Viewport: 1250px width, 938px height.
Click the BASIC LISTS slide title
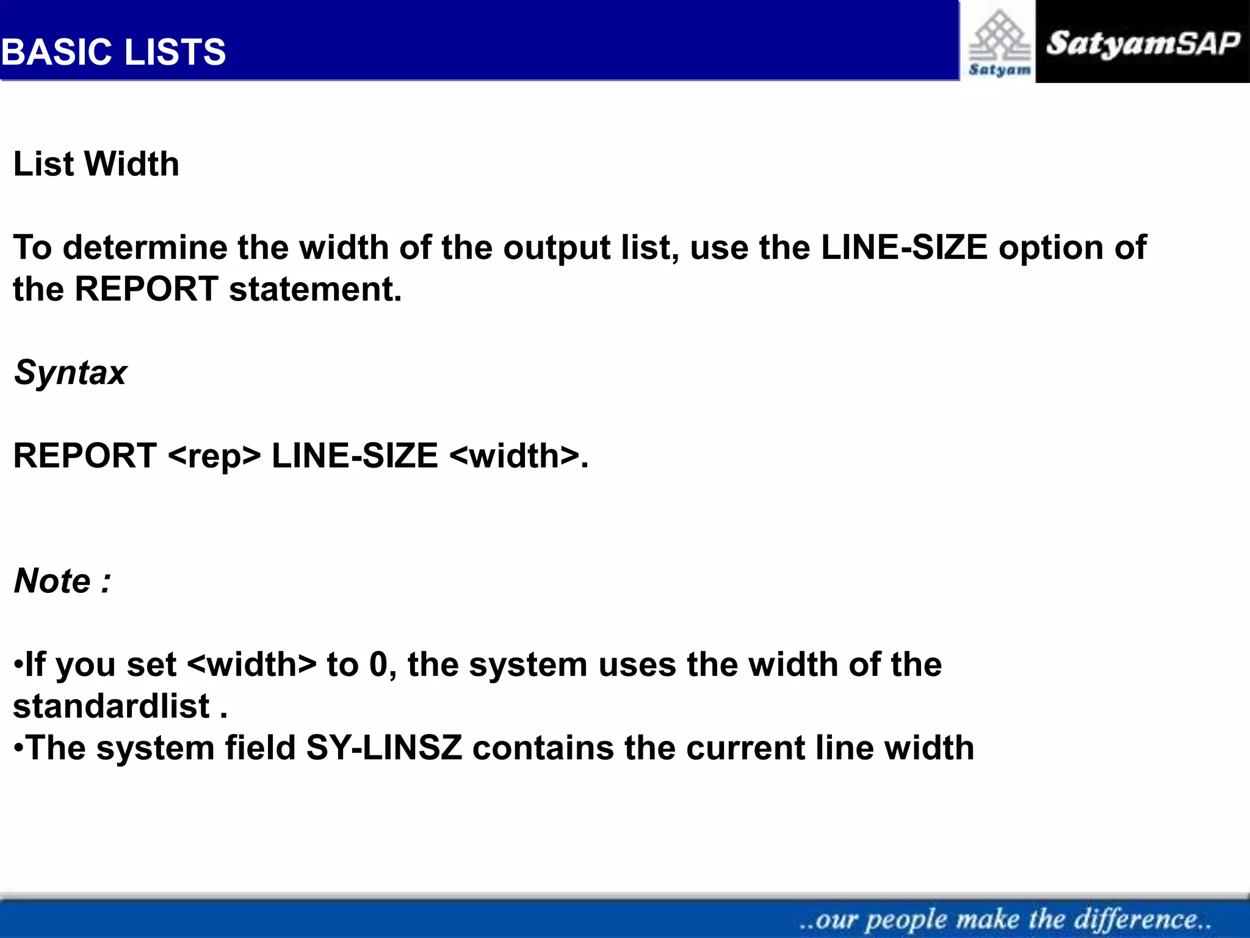[114, 52]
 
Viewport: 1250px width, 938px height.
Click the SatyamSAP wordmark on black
[1143, 43]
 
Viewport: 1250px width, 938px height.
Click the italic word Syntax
[70, 372]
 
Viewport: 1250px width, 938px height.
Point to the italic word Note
[52, 580]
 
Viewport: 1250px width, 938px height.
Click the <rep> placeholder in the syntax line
[214, 456]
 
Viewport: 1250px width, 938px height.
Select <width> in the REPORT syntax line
[514, 456]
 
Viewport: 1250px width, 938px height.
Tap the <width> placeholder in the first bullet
[252, 664]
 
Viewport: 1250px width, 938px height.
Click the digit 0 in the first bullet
[378, 664]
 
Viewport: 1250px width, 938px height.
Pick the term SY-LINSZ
[384, 747]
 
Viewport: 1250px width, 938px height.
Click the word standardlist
[112, 706]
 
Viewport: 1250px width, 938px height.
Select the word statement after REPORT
[315, 289]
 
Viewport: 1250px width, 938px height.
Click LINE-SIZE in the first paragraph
[904, 247]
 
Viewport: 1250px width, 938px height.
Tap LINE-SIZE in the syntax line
[355, 456]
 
